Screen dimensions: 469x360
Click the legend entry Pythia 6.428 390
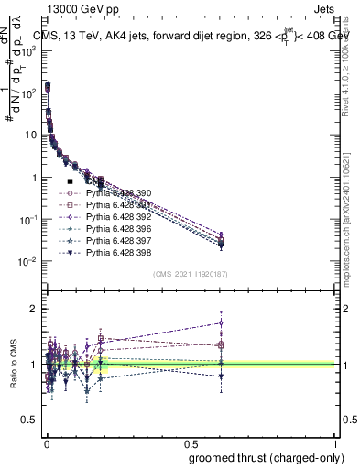(x=118, y=193)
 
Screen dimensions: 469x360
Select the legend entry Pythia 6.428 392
(x=118, y=217)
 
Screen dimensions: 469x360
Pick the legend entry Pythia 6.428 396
(x=118, y=229)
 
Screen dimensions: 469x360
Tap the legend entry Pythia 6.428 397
(x=118, y=241)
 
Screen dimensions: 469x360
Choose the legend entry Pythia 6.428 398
(x=118, y=253)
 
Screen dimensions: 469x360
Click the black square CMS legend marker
(x=71, y=182)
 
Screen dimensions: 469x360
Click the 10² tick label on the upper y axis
(x=28, y=93)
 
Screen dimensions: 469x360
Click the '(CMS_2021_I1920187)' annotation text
(x=191, y=274)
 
